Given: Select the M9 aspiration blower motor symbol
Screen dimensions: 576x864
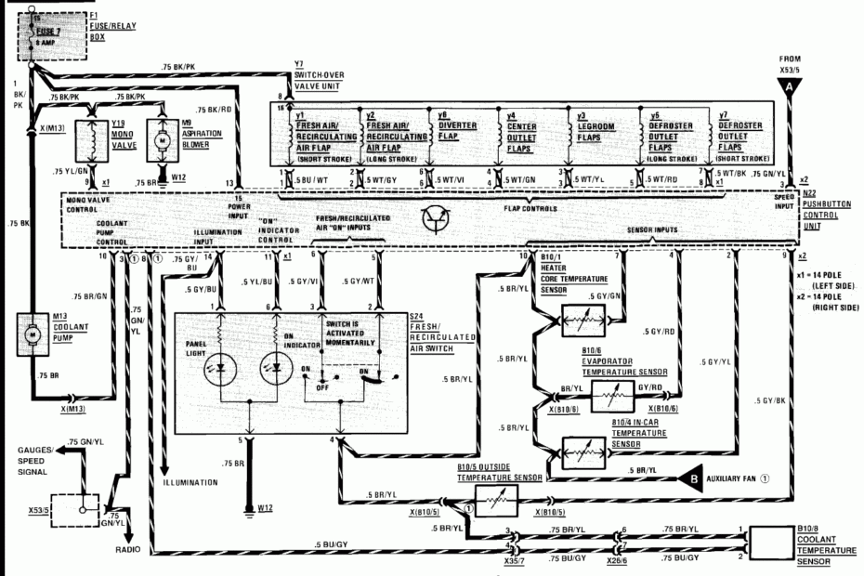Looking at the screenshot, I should click(x=159, y=139).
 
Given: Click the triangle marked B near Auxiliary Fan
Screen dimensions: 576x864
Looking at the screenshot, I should click(x=692, y=480).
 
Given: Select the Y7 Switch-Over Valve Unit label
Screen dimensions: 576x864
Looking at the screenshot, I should click(x=317, y=80).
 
